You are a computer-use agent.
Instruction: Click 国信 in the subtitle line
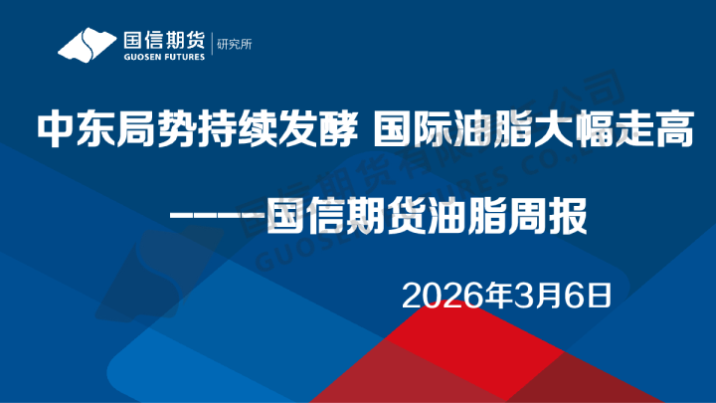pyautogui.click(x=303, y=213)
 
